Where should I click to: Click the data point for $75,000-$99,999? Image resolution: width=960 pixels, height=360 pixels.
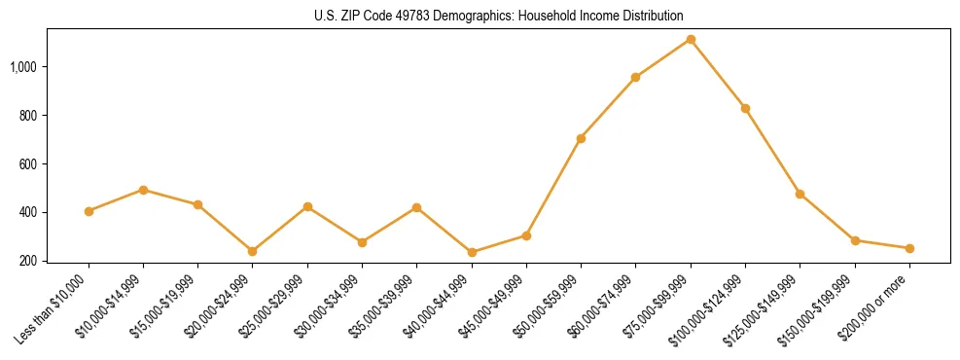(x=691, y=39)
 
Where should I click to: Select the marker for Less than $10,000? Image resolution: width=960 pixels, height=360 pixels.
(x=89, y=211)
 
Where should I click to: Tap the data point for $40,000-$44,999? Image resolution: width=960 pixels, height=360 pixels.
(x=472, y=252)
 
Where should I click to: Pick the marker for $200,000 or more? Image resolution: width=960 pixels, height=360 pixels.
(x=909, y=248)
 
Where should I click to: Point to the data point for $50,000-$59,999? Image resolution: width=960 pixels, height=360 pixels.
(x=581, y=138)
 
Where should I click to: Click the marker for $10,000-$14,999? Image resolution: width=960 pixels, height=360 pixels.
(x=143, y=190)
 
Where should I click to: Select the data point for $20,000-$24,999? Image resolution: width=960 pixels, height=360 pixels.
(x=253, y=251)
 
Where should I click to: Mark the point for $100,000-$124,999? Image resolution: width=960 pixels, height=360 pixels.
(x=745, y=108)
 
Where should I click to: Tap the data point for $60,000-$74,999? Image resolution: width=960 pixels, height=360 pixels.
(x=635, y=77)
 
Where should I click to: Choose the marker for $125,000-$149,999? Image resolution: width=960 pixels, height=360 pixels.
(x=800, y=194)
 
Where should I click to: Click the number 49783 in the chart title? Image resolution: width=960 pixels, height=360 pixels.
(x=415, y=16)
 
